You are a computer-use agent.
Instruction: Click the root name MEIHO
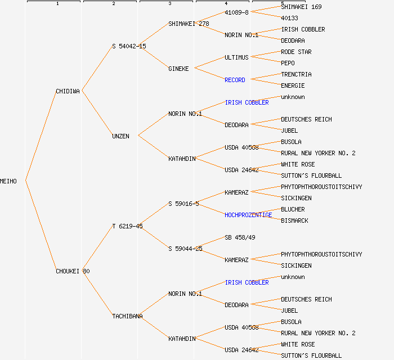coord(8,181)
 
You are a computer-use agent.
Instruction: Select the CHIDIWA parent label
coord(68,91)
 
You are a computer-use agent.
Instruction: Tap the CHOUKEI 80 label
coord(73,271)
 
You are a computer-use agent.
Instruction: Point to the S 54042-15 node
coord(129,46)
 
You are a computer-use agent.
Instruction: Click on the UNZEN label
coord(120,136)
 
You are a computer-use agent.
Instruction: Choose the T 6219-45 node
coord(127,226)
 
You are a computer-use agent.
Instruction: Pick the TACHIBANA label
coord(127,316)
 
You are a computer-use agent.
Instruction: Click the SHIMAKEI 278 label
coord(189,24)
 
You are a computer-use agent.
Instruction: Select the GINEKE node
coord(179,69)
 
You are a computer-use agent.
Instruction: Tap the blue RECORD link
coord(235,80)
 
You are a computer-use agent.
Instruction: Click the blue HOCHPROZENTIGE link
coord(248,215)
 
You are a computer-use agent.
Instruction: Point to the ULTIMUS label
coord(236,57)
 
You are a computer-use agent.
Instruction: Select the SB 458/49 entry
coord(240,237)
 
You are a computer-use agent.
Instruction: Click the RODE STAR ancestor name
coord(296,52)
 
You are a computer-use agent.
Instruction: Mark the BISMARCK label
coord(294,220)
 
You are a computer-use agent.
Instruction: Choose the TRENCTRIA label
coord(296,74)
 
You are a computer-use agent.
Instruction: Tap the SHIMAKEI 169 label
coord(301,7)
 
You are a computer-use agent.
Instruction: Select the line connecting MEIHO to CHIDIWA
coord(41,136)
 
